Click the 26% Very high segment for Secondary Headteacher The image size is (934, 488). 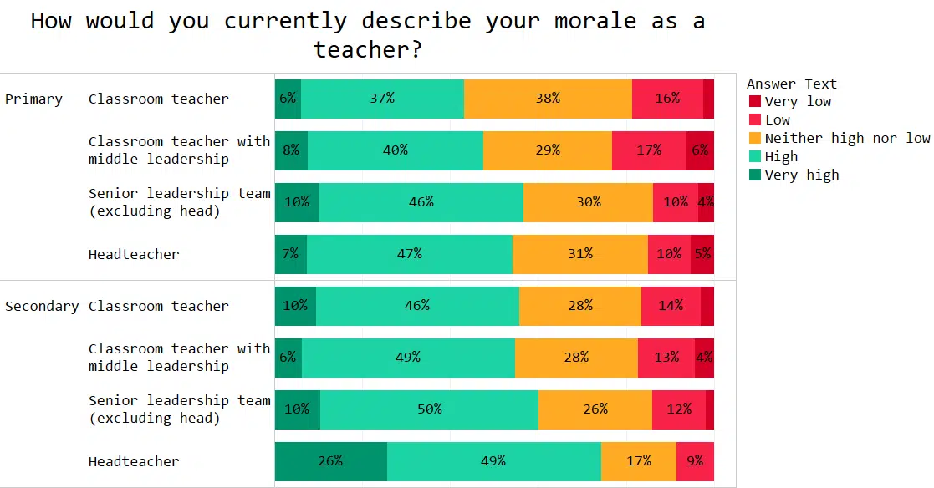tap(331, 461)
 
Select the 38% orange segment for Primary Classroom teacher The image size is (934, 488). tap(548, 99)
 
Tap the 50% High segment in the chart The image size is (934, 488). tap(429, 409)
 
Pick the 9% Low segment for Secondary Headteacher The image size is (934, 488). tap(695, 461)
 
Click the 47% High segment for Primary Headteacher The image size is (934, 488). tap(410, 254)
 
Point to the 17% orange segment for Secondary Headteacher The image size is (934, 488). tap(638, 461)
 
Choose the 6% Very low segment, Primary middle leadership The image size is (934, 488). tap(700, 150)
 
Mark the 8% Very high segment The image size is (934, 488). tap(291, 150)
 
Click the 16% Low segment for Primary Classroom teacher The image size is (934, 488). tap(667, 99)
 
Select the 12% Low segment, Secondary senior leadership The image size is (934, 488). tap(678, 409)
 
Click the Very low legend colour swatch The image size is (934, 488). tap(755, 102)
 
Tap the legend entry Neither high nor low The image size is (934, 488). tap(846, 139)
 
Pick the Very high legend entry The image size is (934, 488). tap(801, 175)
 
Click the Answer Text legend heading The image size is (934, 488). tap(791, 84)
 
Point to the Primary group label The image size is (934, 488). tap(33, 99)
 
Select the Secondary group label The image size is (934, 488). tap(42, 307)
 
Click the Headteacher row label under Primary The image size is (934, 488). tap(134, 254)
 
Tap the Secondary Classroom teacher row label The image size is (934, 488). tap(158, 306)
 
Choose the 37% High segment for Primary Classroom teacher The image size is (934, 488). tap(382, 99)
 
